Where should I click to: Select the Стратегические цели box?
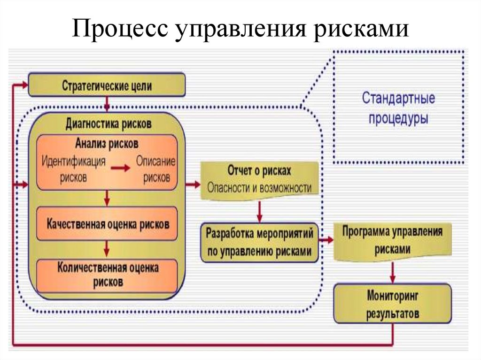[x=107, y=86]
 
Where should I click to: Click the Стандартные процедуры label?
[x=398, y=108]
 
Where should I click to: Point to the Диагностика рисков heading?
[x=108, y=124]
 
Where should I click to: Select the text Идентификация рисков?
[x=73, y=169]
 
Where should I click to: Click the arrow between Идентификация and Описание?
[x=121, y=169]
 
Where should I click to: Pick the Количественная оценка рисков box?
[x=108, y=275]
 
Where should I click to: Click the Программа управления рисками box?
[x=392, y=240]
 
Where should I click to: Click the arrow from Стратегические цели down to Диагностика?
[x=107, y=103]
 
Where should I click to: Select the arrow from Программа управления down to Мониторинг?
[x=392, y=272]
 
